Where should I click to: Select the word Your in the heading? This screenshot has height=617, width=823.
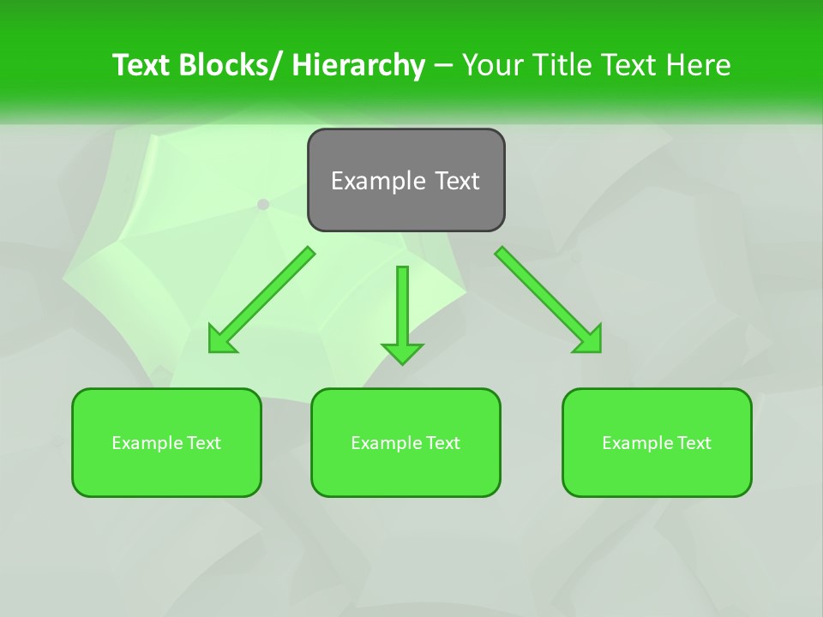coord(490,65)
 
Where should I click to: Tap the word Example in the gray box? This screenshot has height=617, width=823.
coord(378,181)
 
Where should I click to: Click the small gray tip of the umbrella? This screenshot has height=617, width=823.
coord(263,204)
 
